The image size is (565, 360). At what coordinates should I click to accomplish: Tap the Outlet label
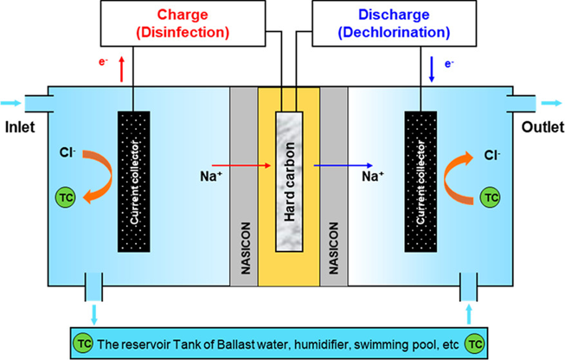pos(542,127)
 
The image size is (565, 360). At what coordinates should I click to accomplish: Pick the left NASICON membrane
pos(243,186)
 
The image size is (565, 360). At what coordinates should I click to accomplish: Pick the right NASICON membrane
pos(332,186)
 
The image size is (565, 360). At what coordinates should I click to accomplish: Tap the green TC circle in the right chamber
pos(491,197)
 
